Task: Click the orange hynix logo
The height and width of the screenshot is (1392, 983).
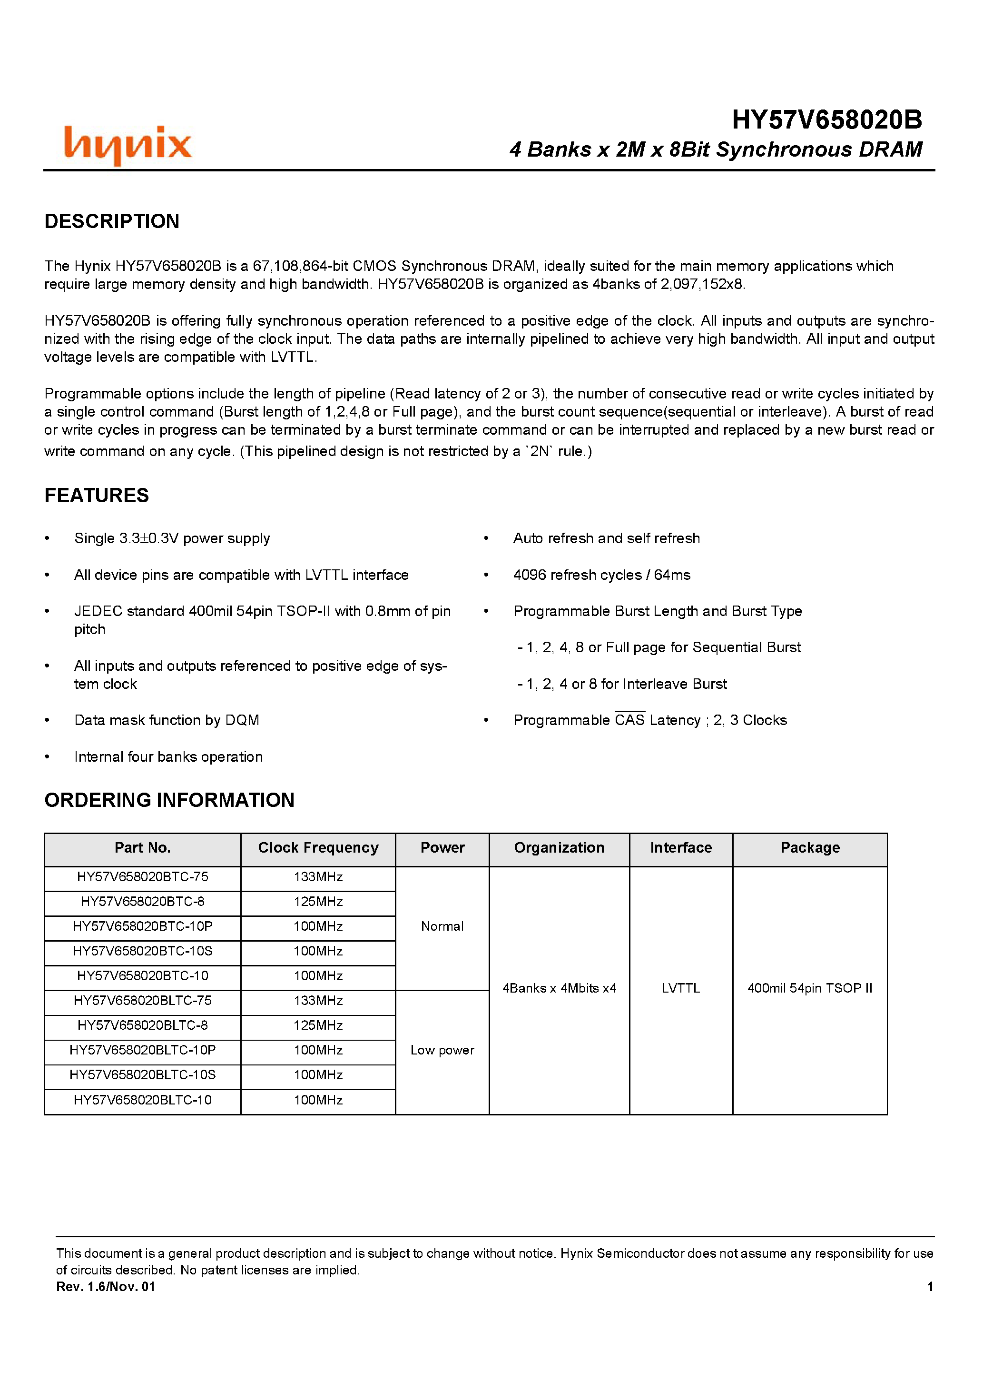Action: pos(128,145)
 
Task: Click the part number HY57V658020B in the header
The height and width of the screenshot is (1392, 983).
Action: pos(826,120)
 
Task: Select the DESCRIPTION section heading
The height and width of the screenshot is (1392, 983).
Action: pos(112,221)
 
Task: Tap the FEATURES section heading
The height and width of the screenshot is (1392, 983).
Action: pos(97,495)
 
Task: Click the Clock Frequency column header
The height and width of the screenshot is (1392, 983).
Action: pos(318,847)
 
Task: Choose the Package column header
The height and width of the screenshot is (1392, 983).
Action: pos(810,847)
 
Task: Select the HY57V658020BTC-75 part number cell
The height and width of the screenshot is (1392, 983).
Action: pos(142,877)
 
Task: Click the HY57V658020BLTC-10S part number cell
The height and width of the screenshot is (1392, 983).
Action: pos(142,1075)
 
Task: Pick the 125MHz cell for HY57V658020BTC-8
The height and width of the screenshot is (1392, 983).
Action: pos(318,902)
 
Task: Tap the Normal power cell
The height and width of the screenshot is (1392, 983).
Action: pos(442,926)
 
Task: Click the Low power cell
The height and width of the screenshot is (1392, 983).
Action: pos(442,1050)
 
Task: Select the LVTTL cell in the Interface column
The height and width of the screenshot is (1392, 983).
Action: pos(680,988)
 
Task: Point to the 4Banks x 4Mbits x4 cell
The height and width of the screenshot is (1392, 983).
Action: pos(559,988)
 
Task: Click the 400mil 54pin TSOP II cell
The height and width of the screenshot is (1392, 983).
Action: pos(810,988)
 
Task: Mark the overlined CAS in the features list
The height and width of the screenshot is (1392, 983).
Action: pos(629,720)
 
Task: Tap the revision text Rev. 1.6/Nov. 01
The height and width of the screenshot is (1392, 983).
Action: pos(106,1286)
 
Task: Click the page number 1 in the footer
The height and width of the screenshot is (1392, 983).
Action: pos(930,1286)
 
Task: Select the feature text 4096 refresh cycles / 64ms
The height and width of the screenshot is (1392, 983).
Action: pos(601,575)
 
